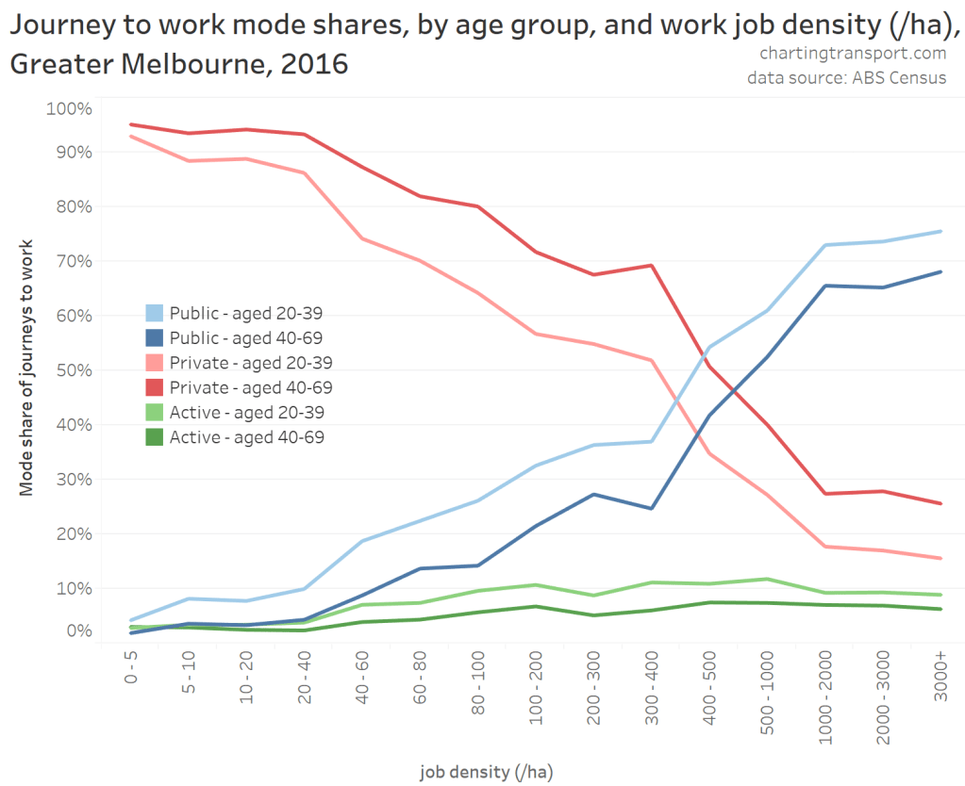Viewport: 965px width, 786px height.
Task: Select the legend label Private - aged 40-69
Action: coord(251,387)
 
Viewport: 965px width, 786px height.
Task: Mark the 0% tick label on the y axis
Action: coord(76,630)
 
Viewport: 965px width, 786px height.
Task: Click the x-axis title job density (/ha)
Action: coord(486,772)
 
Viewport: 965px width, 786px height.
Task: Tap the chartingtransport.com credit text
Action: coord(853,54)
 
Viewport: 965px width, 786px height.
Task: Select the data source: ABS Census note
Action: coord(846,77)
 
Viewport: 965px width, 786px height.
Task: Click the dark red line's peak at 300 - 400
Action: coord(651,265)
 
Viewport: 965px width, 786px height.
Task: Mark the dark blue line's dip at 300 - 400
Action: coord(651,509)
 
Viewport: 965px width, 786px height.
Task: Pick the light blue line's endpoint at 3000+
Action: coord(940,231)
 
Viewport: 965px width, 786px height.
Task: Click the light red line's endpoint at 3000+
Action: coord(940,558)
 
